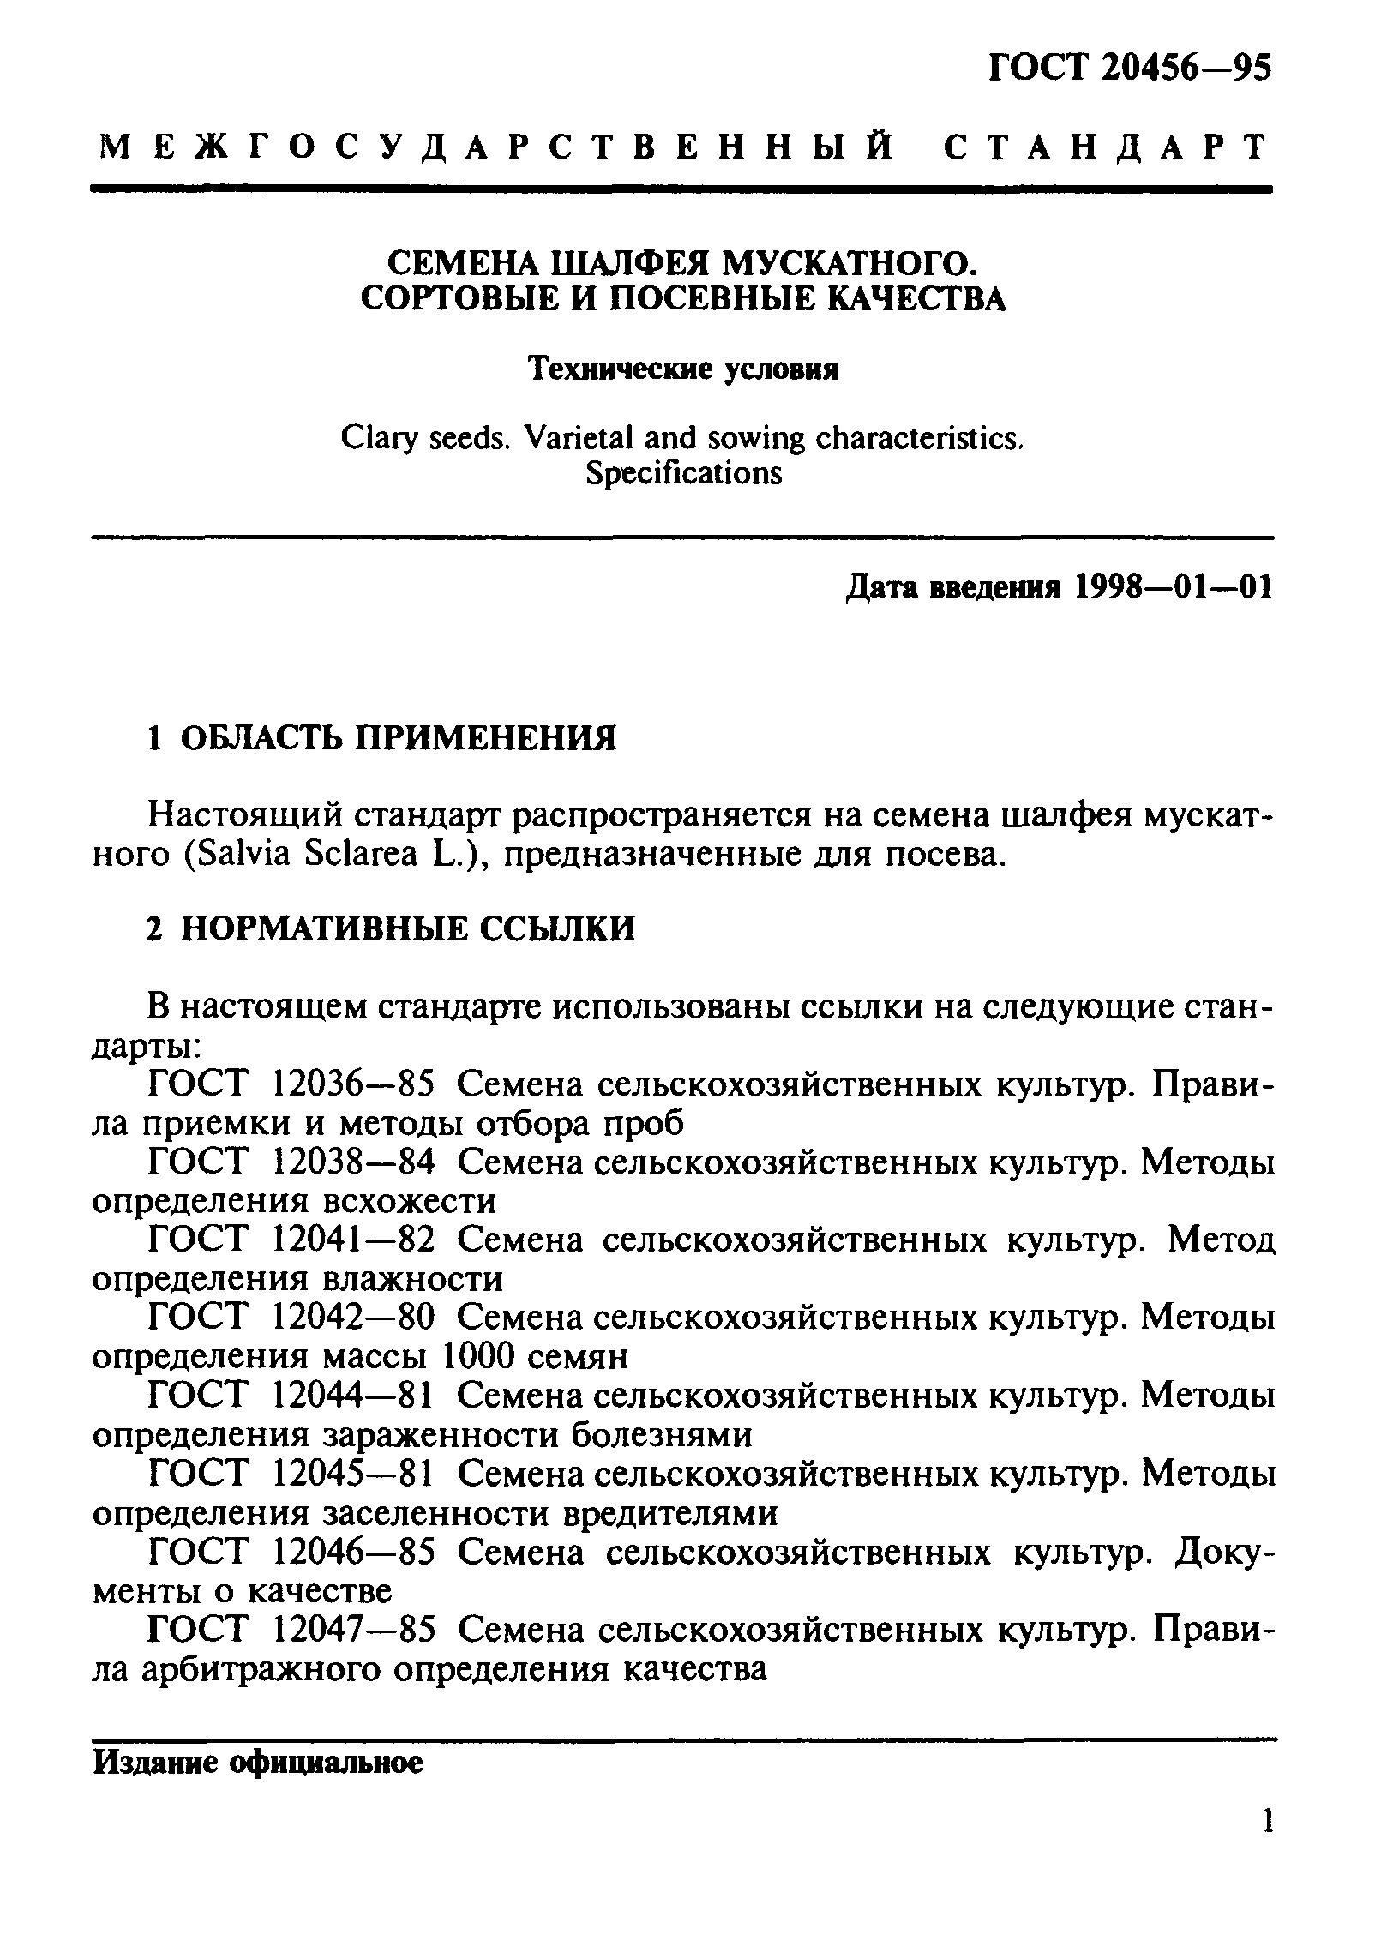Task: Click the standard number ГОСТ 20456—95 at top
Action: (x=1130, y=67)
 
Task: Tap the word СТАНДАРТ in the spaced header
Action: (x=1106, y=147)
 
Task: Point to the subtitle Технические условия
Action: (x=682, y=369)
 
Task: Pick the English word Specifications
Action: (x=683, y=473)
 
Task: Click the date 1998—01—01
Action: (x=1173, y=587)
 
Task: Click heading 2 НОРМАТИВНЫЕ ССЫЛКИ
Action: (x=390, y=929)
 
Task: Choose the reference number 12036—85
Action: (x=352, y=1085)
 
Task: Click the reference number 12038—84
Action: (x=352, y=1163)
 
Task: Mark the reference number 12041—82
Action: (x=352, y=1240)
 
